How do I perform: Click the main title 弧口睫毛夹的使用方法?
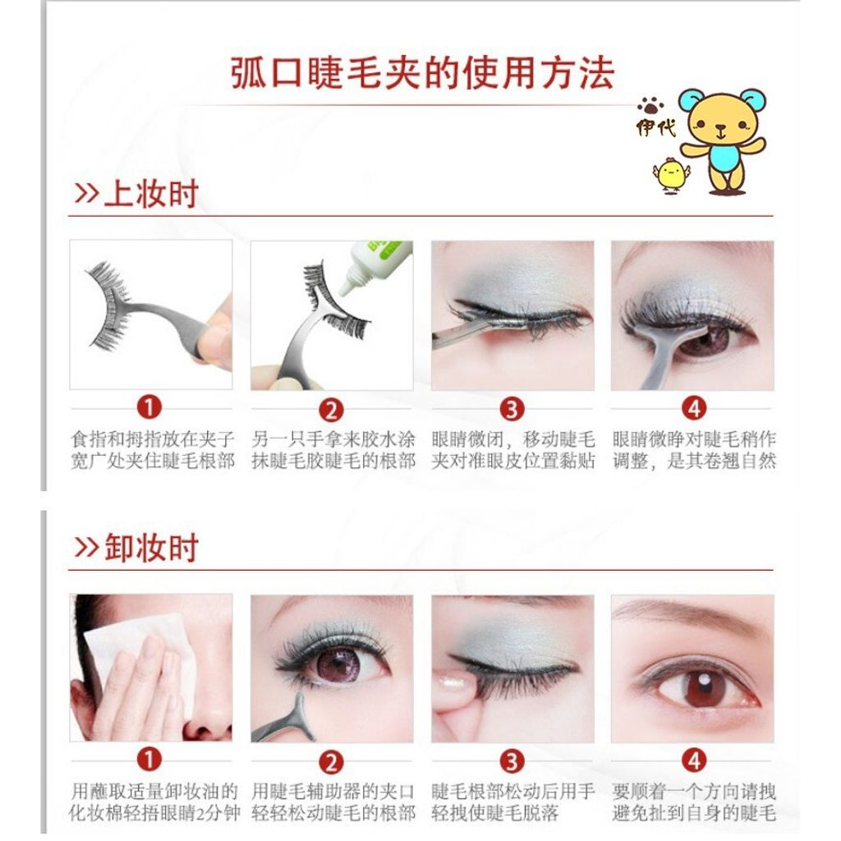click(423, 72)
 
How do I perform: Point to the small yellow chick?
click(670, 174)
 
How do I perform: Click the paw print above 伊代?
click(650, 106)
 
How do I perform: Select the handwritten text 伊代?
click(655, 127)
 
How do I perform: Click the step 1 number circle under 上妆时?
click(149, 407)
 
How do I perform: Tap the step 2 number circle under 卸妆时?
click(331, 762)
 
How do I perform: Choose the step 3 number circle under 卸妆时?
click(512, 761)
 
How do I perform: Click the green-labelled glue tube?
click(375, 265)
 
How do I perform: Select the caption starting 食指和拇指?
click(152, 450)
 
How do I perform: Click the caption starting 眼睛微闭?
click(513, 450)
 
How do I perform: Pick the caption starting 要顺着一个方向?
click(694, 802)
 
